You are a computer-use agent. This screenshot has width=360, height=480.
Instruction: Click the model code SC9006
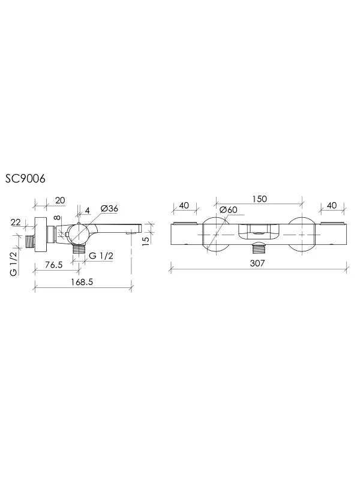(25, 178)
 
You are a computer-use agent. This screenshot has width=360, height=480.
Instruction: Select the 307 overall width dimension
(257, 263)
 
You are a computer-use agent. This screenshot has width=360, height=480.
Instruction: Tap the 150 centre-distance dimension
(259, 199)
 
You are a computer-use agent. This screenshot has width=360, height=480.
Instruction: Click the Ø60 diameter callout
(229, 209)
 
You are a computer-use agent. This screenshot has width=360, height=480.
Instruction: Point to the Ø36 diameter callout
(109, 208)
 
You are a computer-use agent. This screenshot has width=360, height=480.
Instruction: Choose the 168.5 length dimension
(82, 281)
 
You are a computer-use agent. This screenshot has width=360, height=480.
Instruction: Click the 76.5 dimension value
(53, 265)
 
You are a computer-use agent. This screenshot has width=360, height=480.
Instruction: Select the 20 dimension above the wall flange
(60, 200)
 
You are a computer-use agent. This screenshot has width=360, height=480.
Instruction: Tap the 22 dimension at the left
(16, 222)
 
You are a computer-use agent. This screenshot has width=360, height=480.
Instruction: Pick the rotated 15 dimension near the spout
(146, 239)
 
